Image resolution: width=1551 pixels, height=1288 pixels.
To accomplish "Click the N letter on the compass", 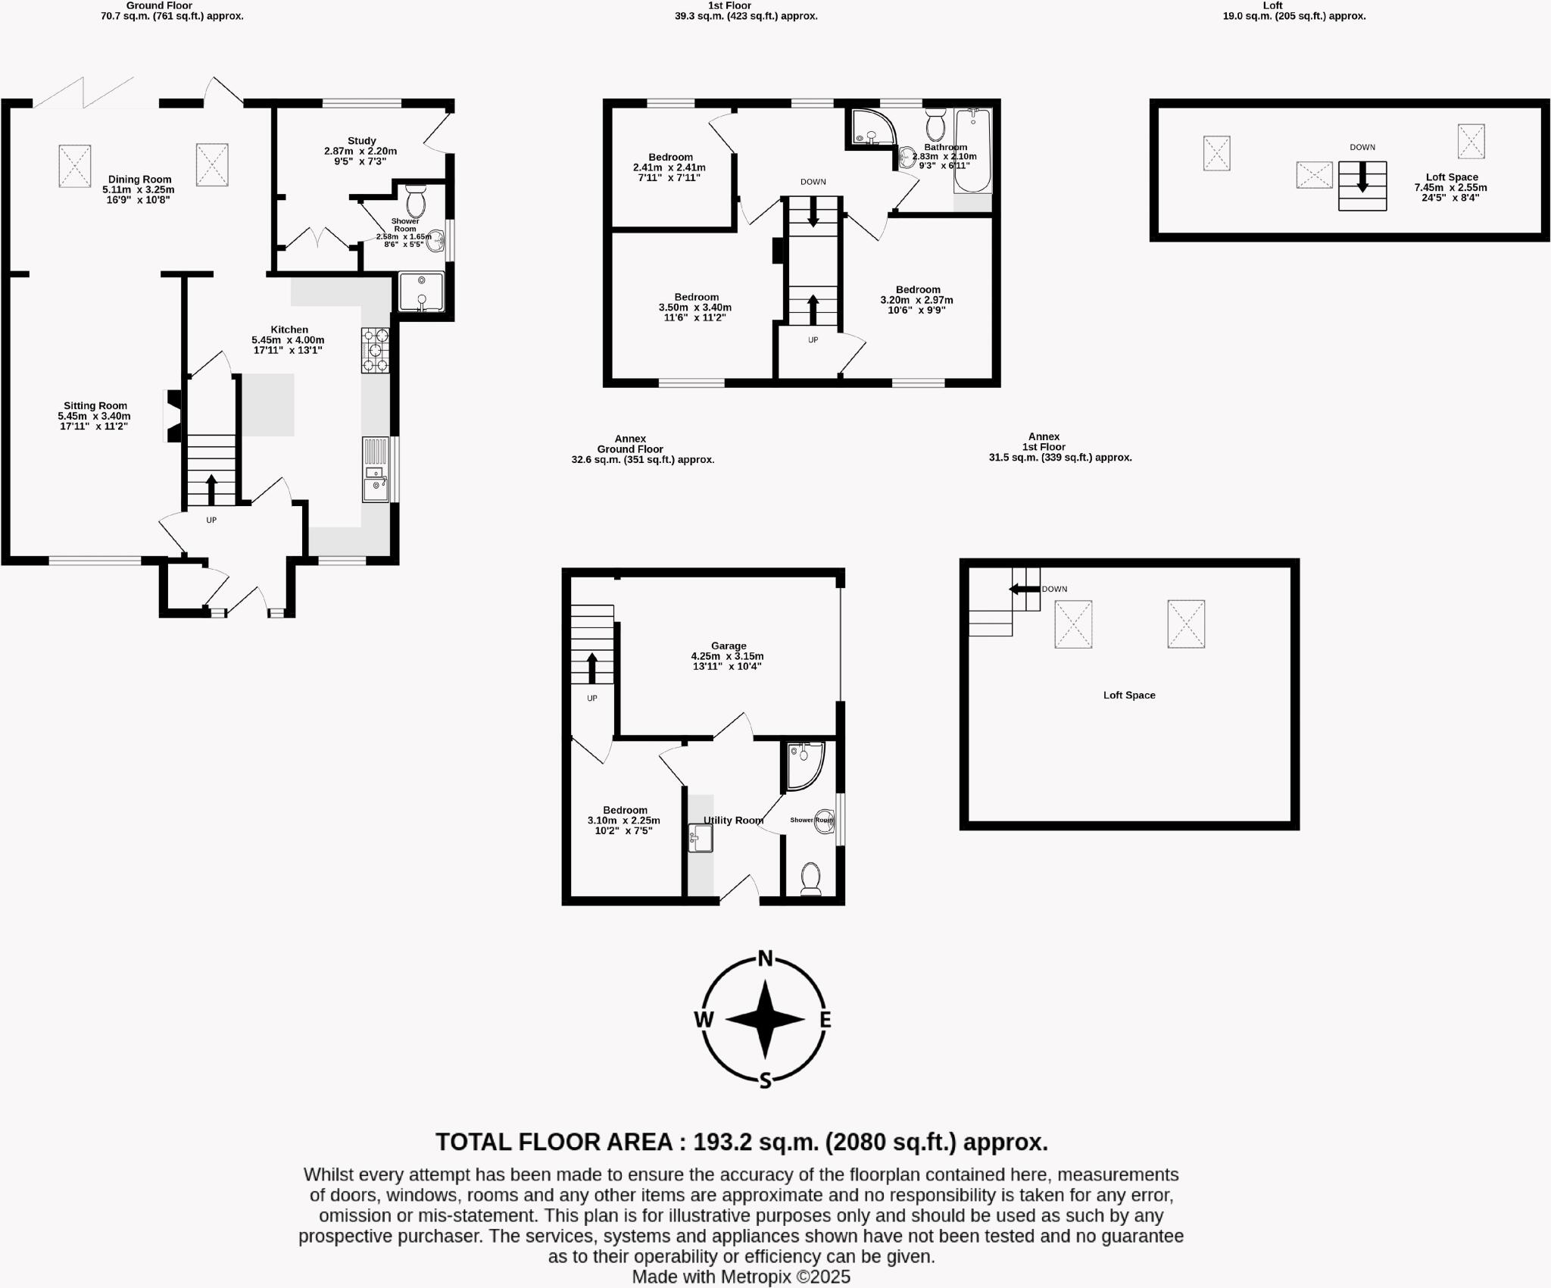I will [x=765, y=959].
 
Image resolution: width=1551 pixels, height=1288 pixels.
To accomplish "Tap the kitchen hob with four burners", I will [x=375, y=350].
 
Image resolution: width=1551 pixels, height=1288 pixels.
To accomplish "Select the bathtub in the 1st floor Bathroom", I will [x=972, y=151].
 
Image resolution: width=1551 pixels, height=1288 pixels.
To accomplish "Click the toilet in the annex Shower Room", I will [x=810, y=878].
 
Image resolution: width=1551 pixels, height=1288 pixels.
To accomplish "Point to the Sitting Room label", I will [x=95, y=406].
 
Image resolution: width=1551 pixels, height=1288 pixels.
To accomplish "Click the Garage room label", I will [x=728, y=646].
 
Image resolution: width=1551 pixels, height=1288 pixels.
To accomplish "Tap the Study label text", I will [x=361, y=141].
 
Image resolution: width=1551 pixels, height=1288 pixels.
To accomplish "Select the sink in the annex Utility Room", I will [x=701, y=839].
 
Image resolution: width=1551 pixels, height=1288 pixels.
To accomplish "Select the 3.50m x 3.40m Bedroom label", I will [x=696, y=297].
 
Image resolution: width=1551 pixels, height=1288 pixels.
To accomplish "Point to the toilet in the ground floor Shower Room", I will [x=416, y=202].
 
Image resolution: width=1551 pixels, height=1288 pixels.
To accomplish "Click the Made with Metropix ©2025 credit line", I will [x=741, y=1277].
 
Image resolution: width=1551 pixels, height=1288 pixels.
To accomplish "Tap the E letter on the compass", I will [x=825, y=1020].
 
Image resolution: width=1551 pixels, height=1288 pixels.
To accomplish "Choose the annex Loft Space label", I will [x=1128, y=695].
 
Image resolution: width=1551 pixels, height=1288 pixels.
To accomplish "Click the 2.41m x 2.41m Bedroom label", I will [x=669, y=158].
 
